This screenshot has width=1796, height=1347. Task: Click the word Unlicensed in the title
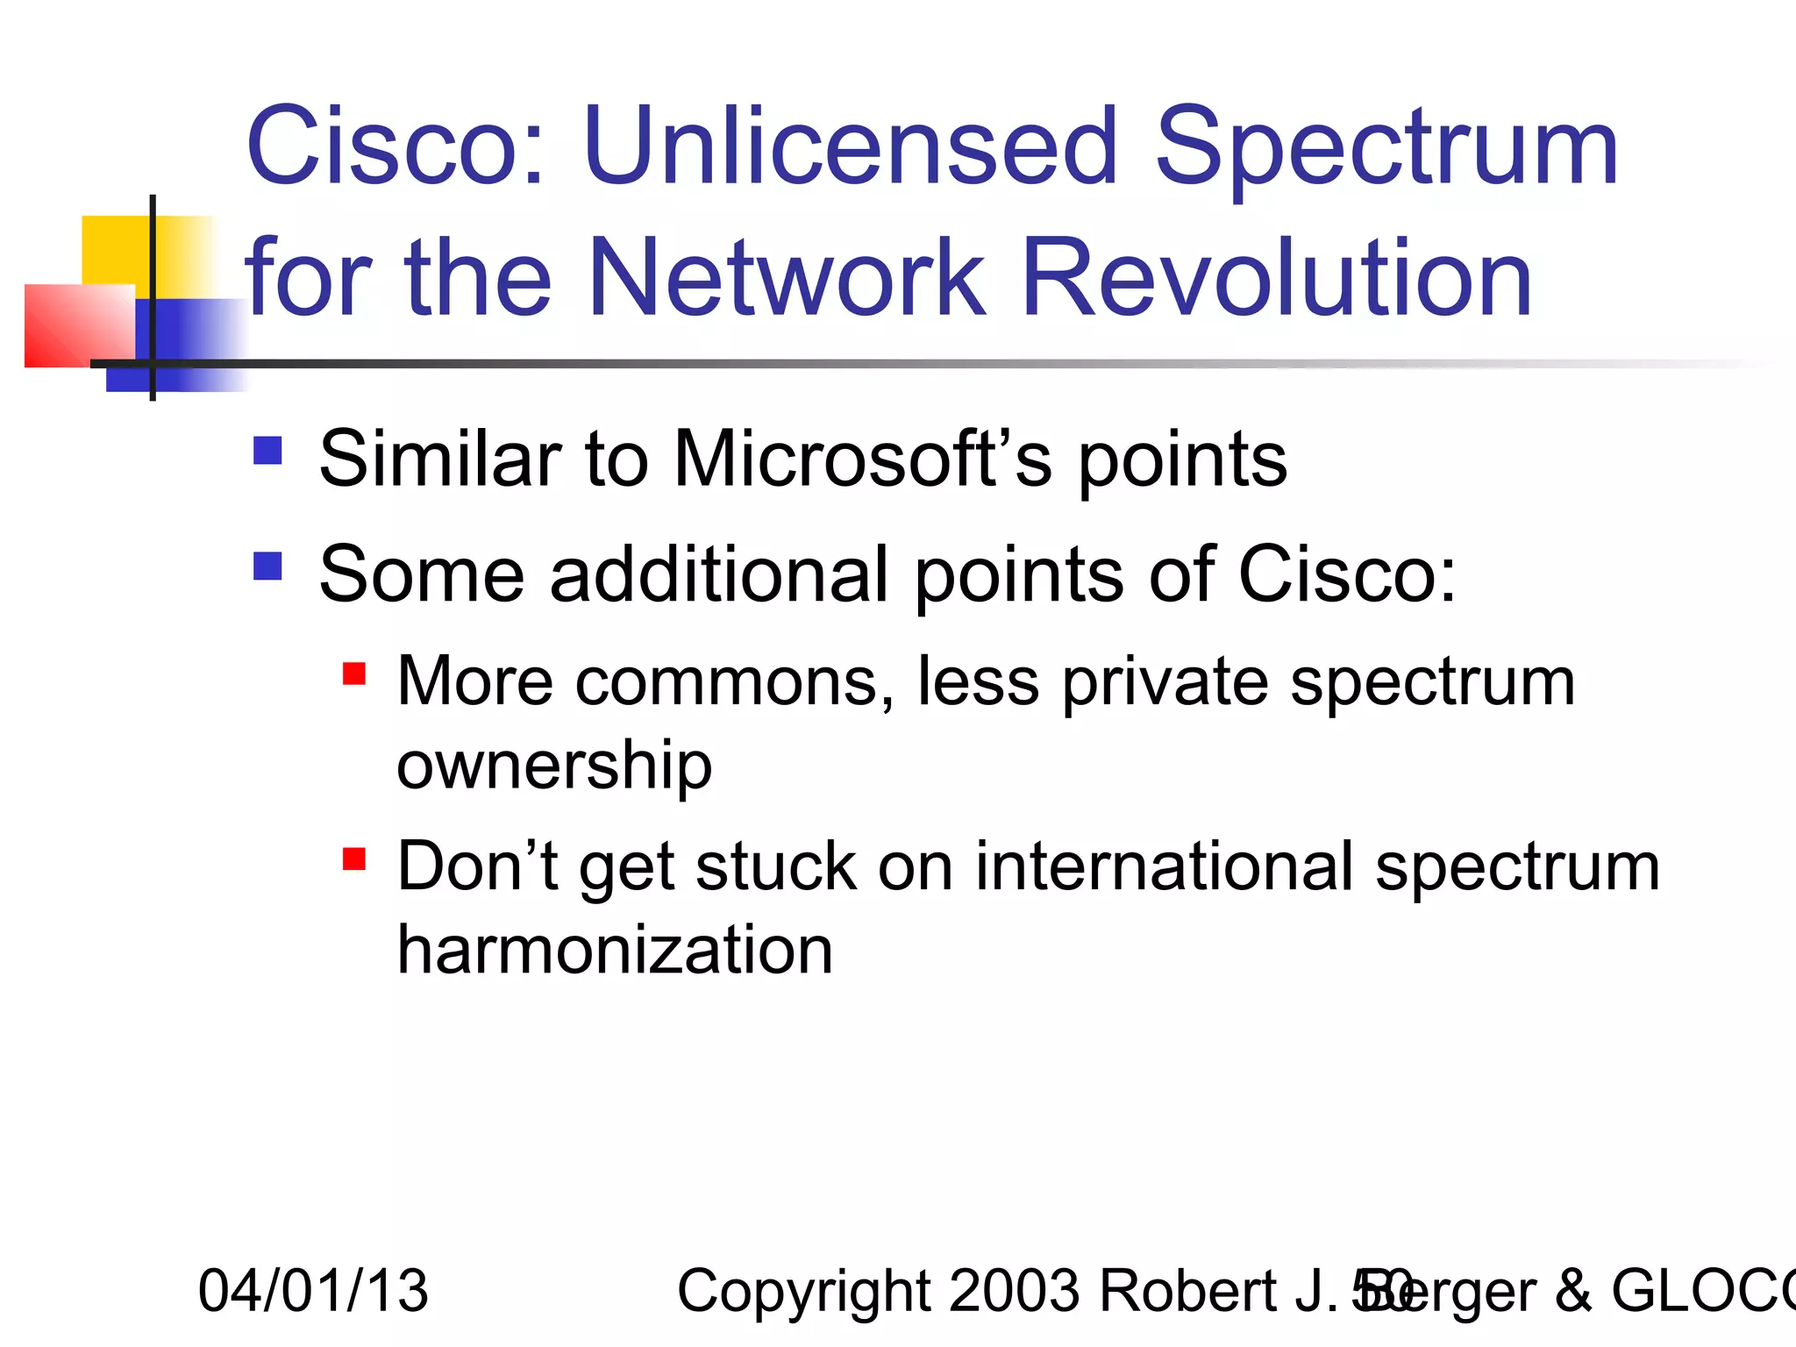coord(851,146)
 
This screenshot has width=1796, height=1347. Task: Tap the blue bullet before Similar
coord(267,451)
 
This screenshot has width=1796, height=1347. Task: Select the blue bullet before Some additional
coord(267,567)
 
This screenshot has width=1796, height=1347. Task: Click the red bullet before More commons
coord(353,673)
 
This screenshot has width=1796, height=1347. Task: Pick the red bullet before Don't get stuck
coord(353,859)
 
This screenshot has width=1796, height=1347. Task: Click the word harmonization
coord(614,951)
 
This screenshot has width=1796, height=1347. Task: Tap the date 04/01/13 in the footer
coord(313,1291)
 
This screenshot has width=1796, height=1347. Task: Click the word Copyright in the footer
coord(802,1291)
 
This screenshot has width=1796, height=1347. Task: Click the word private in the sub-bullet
coord(1164,682)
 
